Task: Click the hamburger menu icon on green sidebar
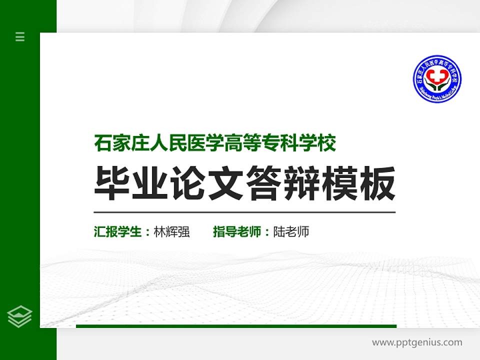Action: [20, 36]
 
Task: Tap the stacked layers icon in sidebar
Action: [20, 316]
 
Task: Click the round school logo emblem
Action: [437, 79]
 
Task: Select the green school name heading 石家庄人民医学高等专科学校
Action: [215, 143]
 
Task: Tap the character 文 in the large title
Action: [226, 183]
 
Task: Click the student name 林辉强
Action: [172, 232]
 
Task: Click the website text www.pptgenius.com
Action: [417, 342]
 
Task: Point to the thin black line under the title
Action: [245, 212]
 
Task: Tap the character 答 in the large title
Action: [264, 183]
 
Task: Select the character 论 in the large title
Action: [188, 183]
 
